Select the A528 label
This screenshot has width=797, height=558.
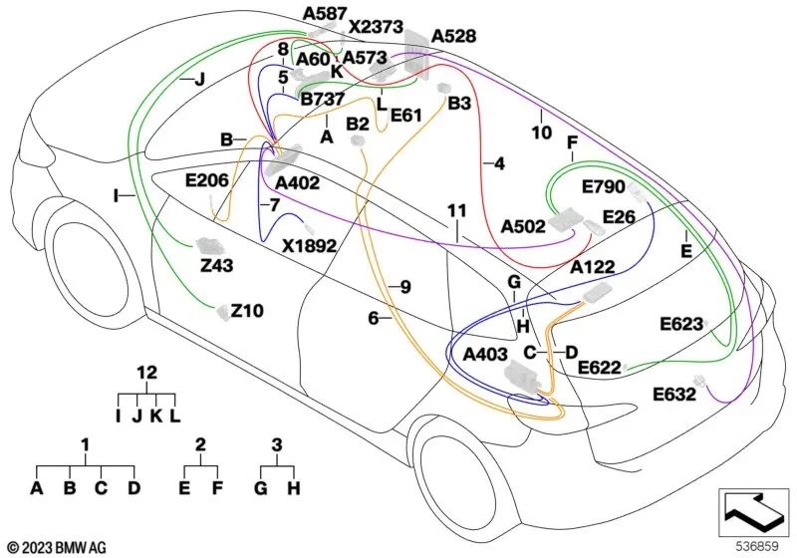point(453,37)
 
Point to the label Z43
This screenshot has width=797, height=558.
point(216,266)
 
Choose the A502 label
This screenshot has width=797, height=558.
point(522,226)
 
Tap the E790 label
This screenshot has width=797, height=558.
point(603,187)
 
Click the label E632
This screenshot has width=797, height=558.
point(674,394)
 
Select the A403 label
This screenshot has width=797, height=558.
point(484,354)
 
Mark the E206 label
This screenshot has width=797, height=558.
point(207,180)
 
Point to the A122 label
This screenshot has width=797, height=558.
point(592,267)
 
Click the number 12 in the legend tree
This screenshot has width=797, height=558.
point(147,372)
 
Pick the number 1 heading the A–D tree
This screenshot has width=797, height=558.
point(86,442)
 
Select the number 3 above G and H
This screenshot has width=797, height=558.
point(278,442)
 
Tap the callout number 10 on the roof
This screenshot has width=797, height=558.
point(541,131)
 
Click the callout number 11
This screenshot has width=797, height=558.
point(456,210)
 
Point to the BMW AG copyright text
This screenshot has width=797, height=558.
point(57,546)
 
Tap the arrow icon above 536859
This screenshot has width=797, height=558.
point(752,511)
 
